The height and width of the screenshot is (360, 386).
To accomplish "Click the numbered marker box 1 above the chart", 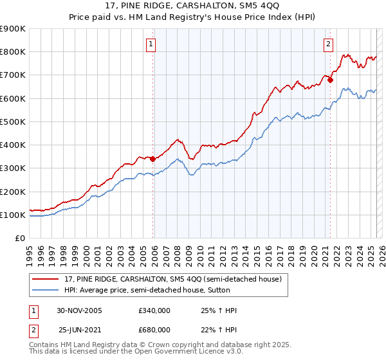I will pos(151,44).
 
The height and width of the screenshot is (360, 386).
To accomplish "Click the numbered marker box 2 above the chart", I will pos(328,44).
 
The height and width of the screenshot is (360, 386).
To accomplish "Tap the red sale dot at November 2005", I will pos(153,159).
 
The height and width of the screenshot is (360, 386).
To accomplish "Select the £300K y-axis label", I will pos(13,168).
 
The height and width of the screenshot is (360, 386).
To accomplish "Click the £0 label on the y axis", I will pos(20,239).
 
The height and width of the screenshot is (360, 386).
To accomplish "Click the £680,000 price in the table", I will pos(154,329).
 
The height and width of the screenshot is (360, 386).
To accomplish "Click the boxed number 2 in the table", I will pos(32,329).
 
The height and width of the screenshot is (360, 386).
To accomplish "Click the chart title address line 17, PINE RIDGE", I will pos(193,7).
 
